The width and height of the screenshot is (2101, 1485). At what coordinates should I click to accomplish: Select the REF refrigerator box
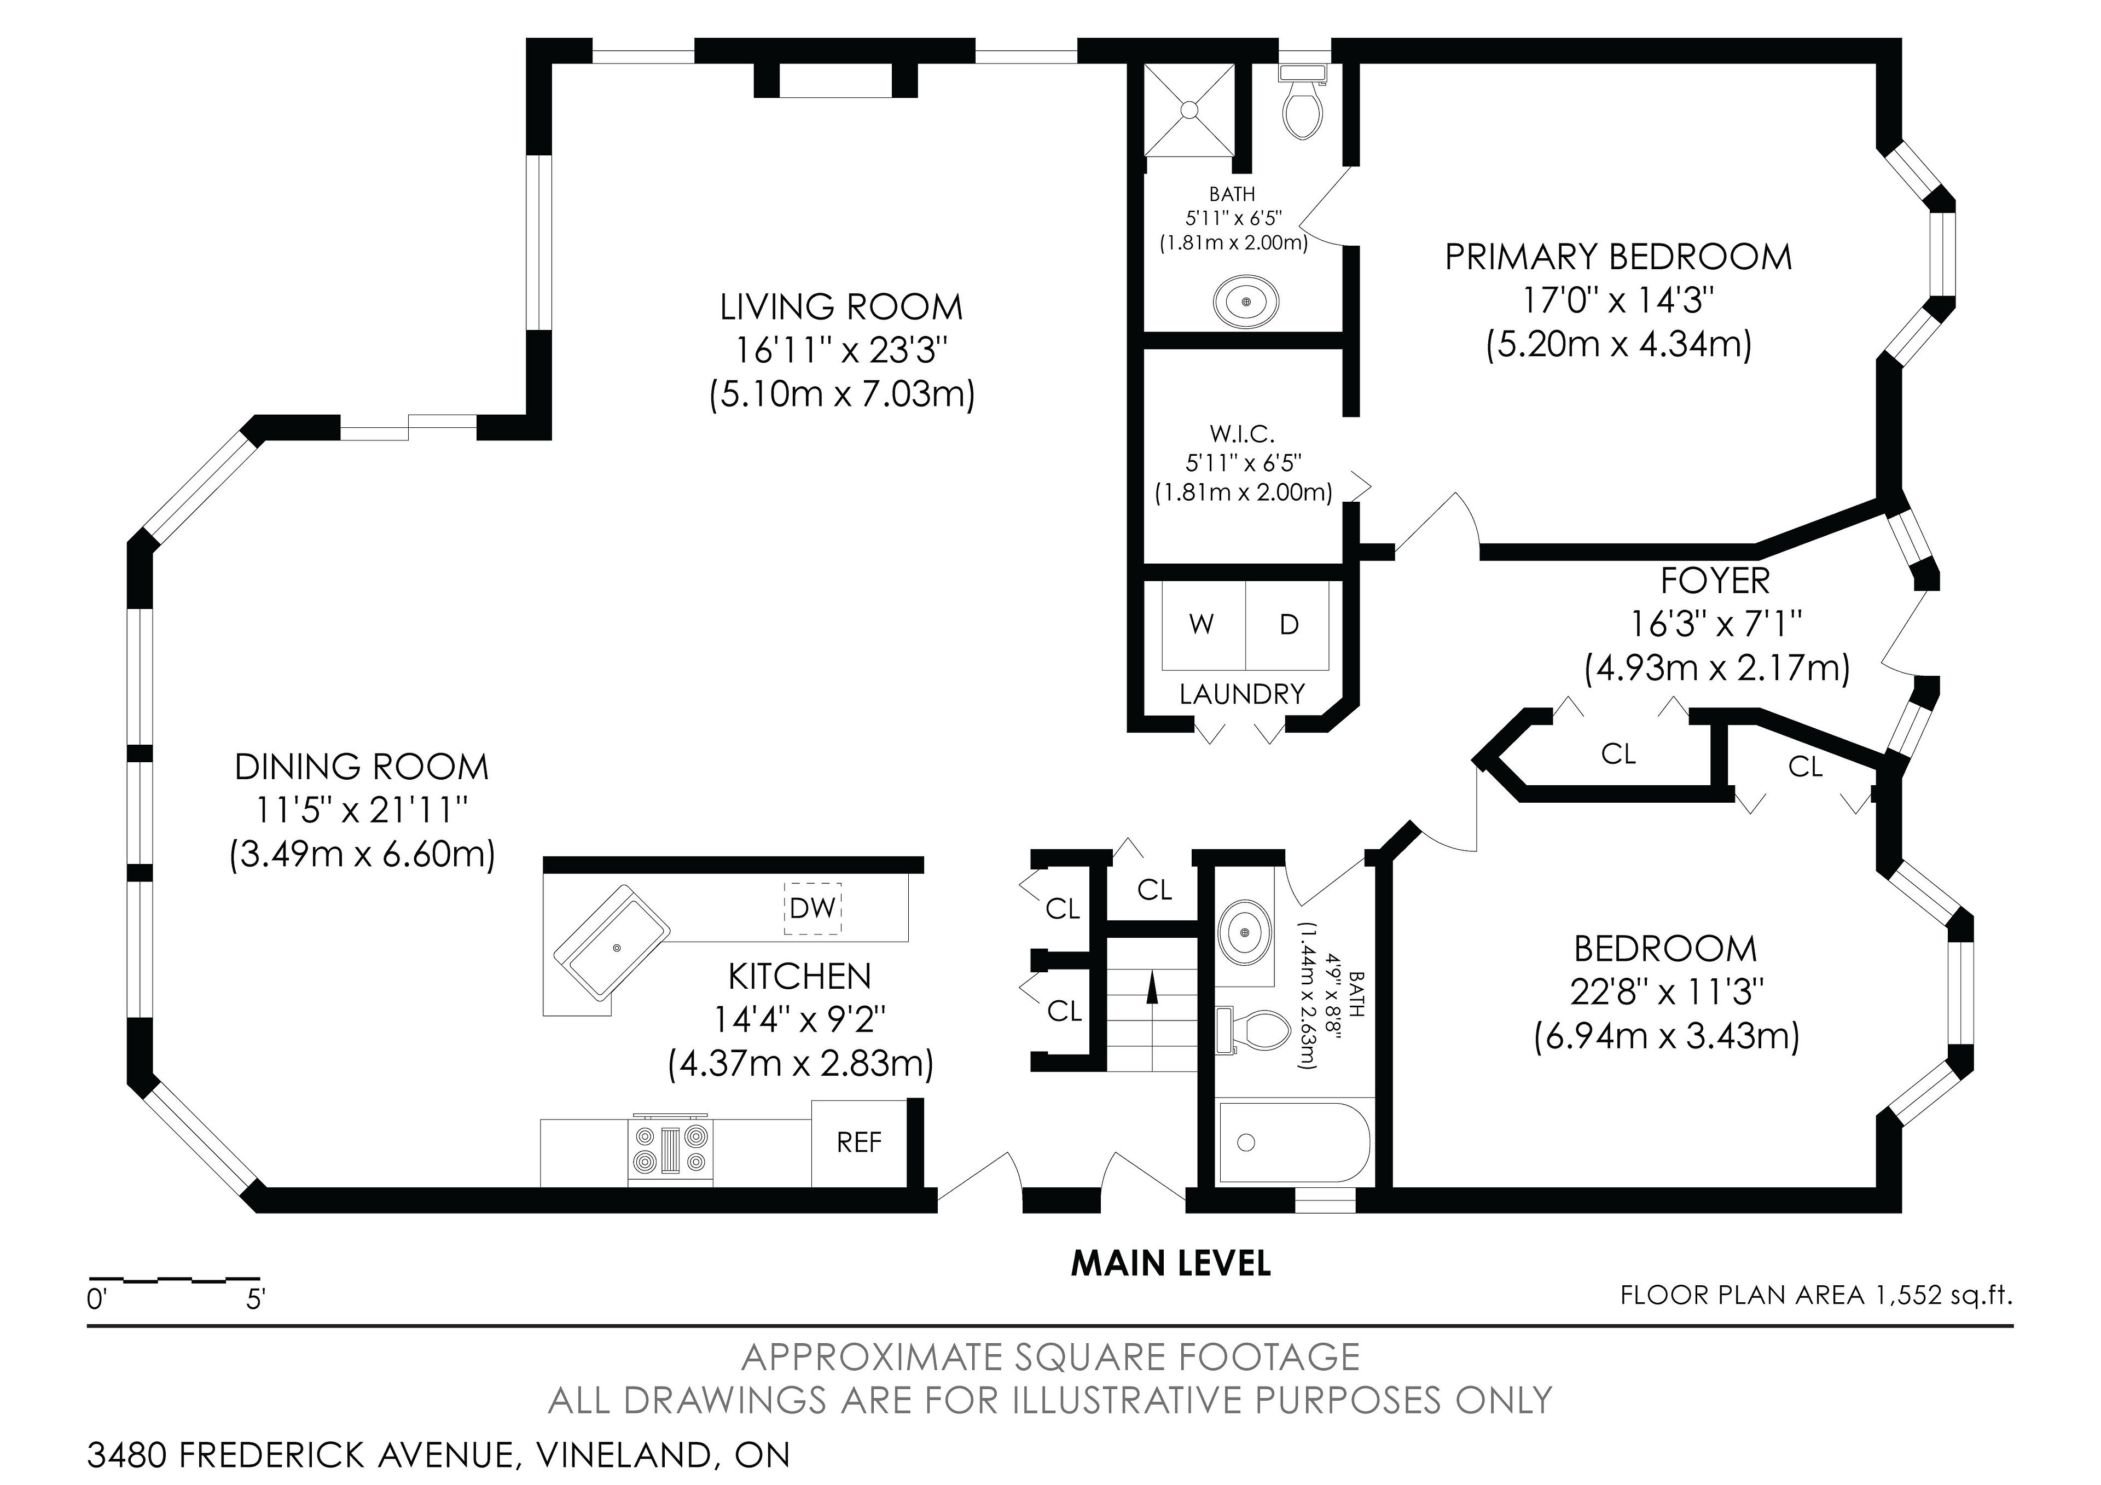(x=859, y=1143)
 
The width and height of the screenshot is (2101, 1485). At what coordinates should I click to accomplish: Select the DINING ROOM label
(x=362, y=767)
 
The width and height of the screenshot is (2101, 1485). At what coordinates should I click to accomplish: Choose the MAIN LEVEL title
(x=1170, y=1263)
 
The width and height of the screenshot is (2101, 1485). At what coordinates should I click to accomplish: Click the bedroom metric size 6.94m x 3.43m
(x=1667, y=1037)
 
